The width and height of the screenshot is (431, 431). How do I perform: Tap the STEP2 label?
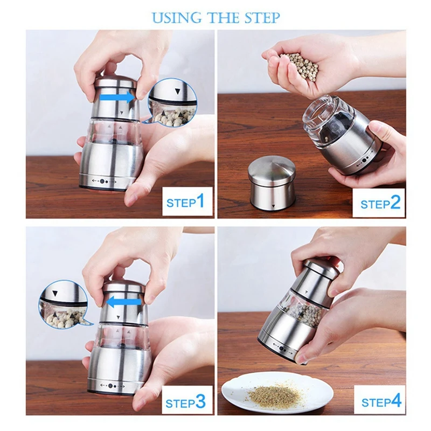tap(380, 203)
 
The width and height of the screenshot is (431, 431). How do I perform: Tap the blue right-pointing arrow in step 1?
tap(117, 98)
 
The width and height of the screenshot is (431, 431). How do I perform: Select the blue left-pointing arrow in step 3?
tap(124, 302)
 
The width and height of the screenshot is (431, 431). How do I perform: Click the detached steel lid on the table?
tap(272, 183)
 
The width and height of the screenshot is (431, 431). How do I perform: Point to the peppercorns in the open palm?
tap(299, 66)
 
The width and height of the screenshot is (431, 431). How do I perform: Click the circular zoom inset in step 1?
tap(172, 102)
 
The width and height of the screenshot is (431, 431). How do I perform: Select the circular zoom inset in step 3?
tap(63, 304)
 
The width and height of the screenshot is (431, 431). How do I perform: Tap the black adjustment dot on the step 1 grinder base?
tap(102, 182)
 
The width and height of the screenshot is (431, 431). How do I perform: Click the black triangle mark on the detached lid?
tap(273, 206)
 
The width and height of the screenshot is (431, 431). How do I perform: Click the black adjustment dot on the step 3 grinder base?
tap(110, 386)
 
